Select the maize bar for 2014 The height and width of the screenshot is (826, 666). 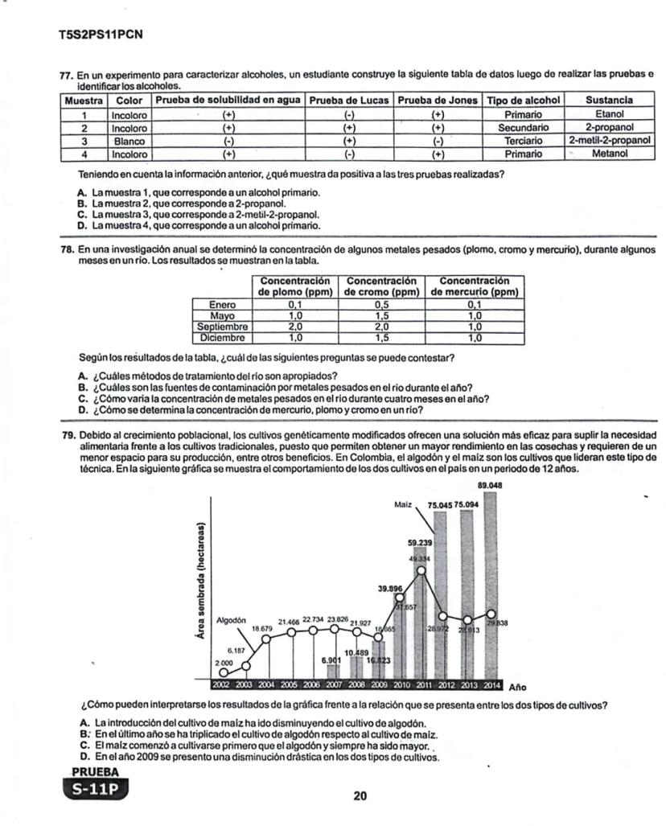[x=490, y=587]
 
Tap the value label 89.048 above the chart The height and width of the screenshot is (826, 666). [x=490, y=485]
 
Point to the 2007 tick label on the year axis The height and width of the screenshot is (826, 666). [x=332, y=685]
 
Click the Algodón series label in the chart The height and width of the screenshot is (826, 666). [x=231, y=619]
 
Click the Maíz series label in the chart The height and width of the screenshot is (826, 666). [x=404, y=504]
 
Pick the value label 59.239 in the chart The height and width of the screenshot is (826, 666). [x=420, y=543]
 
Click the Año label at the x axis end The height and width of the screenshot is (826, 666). [x=519, y=687]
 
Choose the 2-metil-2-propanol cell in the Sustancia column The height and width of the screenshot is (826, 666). [x=608, y=141]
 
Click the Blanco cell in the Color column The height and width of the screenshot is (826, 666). [x=126, y=141]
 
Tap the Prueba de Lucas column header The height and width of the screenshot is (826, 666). [x=348, y=100]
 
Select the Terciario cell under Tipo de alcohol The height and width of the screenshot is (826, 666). [x=523, y=141]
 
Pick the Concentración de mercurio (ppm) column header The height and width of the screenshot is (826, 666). [x=474, y=286]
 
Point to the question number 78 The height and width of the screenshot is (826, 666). [x=68, y=250]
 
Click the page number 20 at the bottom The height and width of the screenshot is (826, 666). [x=360, y=796]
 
